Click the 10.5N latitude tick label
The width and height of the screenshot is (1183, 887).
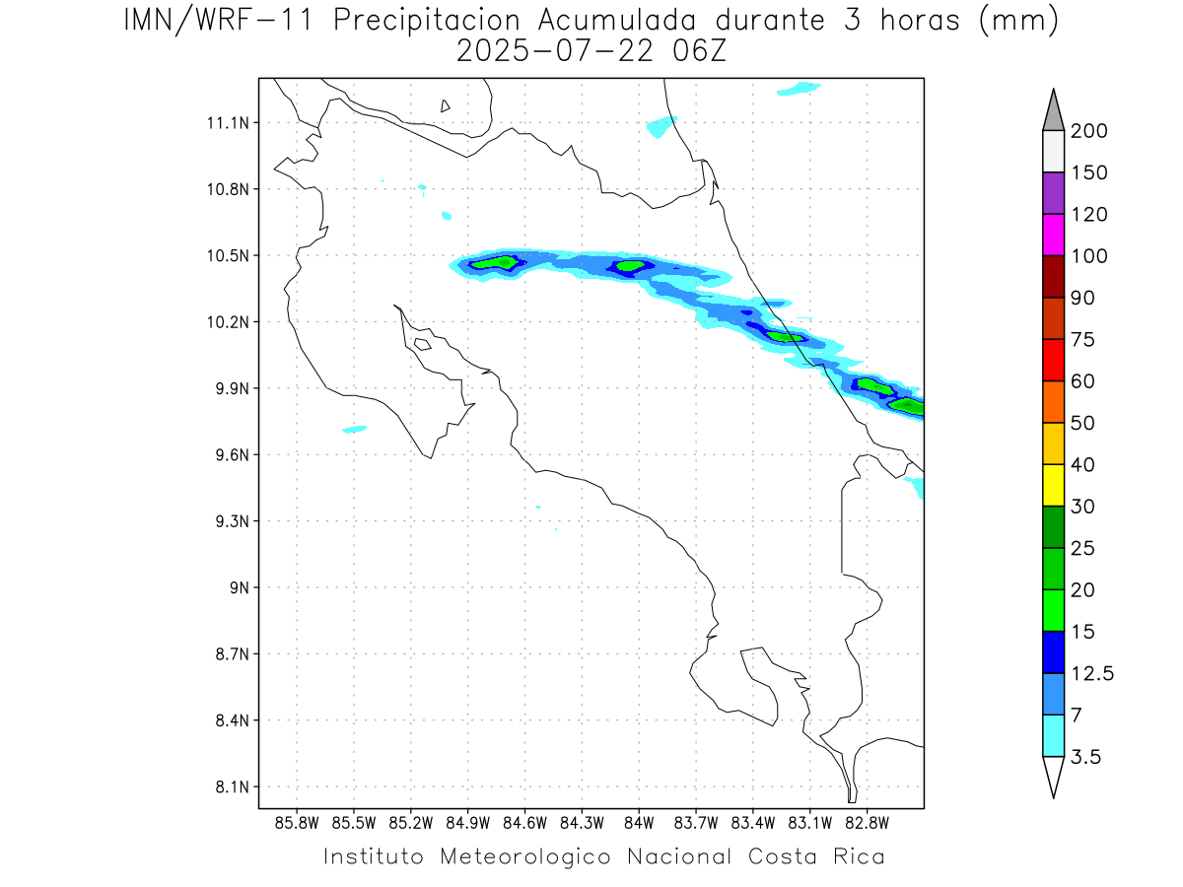click(227, 256)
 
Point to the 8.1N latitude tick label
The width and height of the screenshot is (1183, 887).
click(227, 787)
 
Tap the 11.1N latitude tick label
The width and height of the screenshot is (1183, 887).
click(227, 123)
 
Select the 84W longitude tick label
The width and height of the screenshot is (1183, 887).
click(639, 823)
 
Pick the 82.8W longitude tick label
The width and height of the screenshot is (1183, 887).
click(868, 823)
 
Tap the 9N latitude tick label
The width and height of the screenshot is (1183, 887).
click(237, 588)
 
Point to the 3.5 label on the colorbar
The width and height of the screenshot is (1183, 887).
click(1085, 757)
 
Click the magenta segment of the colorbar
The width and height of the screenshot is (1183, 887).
click(1053, 235)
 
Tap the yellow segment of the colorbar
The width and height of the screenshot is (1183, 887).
click(1053, 485)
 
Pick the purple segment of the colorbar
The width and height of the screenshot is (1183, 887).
click(1053, 193)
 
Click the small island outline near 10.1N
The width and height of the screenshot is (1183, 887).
click(422, 344)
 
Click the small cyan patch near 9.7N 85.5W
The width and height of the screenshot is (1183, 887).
click(355, 429)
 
